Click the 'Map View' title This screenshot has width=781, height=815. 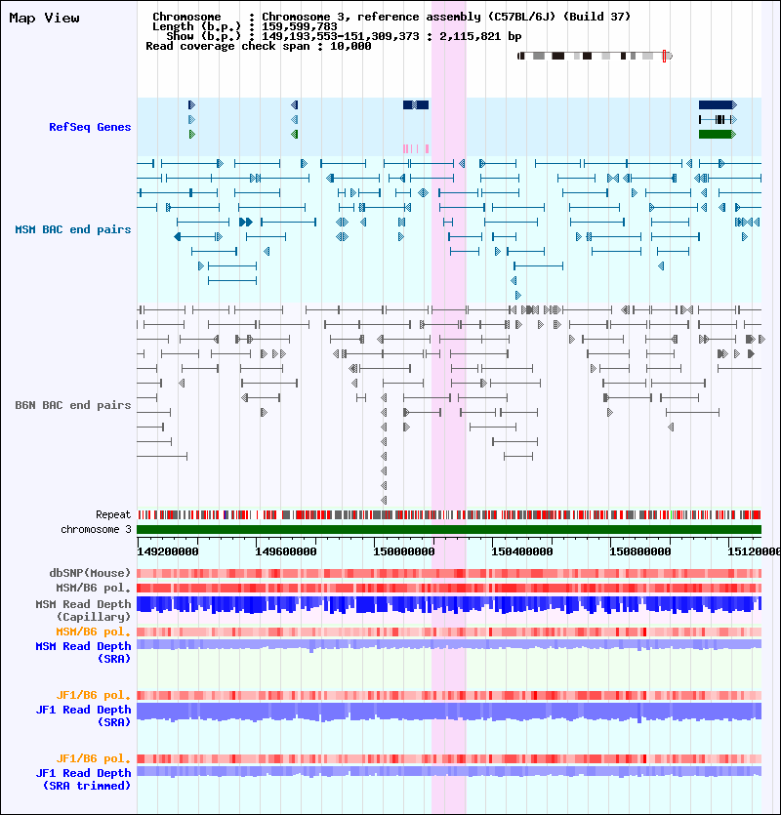pyautogui.click(x=44, y=19)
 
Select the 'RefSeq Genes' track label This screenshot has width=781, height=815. pyautogui.click(x=90, y=127)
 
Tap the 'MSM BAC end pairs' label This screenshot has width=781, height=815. pyautogui.click(x=73, y=229)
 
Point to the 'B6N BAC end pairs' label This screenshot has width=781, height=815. pyautogui.click(x=73, y=405)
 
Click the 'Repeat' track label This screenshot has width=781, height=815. pyautogui.click(x=113, y=514)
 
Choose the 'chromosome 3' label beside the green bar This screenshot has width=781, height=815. pyautogui.click(x=97, y=529)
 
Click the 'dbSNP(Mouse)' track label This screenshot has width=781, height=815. pyautogui.click(x=90, y=573)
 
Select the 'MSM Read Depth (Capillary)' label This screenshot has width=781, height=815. pyautogui.click(x=83, y=610)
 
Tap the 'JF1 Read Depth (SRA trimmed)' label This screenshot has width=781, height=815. pyautogui.click(x=83, y=779)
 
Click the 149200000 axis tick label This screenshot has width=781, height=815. pyautogui.click(x=168, y=551)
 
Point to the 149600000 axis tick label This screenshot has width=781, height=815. pyautogui.click(x=285, y=551)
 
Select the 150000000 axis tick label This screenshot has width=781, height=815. pyautogui.click(x=403, y=551)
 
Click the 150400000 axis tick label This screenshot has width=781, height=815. pyautogui.click(x=521, y=551)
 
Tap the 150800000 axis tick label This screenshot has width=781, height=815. pyautogui.click(x=639, y=551)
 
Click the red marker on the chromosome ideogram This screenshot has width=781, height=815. pyautogui.click(x=664, y=57)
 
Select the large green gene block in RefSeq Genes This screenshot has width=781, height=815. pyautogui.click(x=716, y=134)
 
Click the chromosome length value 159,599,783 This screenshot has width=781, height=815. pyautogui.click(x=299, y=26)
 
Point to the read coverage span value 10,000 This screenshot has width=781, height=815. pyautogui.click(x=350, y=46)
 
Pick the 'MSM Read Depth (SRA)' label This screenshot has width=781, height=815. pyautogui.click(x=83, y=652)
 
